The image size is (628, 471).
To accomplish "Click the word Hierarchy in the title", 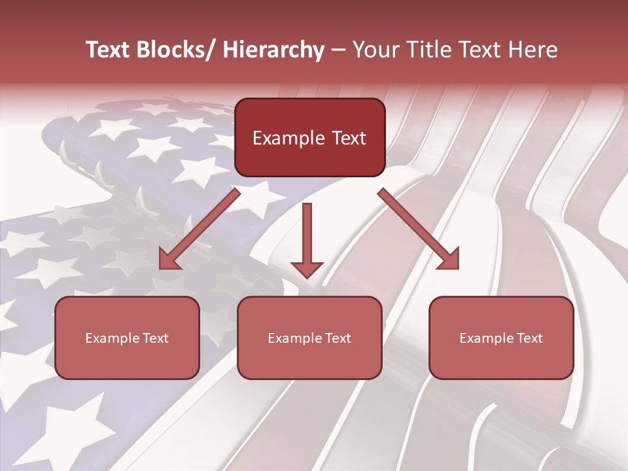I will [x=273, y=50].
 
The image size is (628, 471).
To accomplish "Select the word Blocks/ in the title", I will [x=177, y=50].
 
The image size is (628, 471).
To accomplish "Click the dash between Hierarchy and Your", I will [x=338, y=50].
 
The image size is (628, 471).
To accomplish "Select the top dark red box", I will [x=309, y=137].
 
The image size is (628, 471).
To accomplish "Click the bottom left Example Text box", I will [x=127, y=338].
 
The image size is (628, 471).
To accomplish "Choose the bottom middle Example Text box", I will [x=309, y=338].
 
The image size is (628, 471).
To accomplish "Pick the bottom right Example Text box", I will [x=501, y=338].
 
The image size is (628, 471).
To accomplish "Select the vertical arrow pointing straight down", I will [x=307, y=239].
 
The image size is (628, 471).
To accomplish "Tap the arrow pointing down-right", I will [x=419, y=229].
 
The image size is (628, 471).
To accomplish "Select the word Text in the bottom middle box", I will [x=338, y=338].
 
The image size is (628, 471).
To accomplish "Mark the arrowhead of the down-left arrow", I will [x=168, y=260].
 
